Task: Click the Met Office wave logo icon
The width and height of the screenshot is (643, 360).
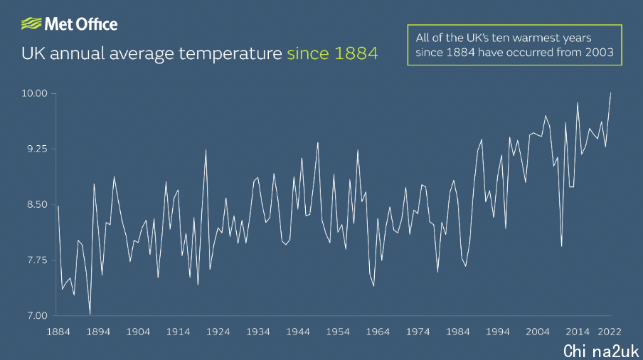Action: [x=31, y=23]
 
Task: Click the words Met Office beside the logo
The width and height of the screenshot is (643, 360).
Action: [x=81, y=24]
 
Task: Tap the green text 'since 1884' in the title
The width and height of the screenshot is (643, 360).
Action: [x=332, y=53]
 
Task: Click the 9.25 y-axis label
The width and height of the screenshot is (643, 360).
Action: [x=37, y=149]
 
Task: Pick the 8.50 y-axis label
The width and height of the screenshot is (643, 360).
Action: [x=37, y=205]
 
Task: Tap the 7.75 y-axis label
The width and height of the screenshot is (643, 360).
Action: [x=37, y=260]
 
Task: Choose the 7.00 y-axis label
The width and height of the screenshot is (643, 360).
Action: [x=37, y=316]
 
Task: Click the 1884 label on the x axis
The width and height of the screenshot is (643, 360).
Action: [x=58, y=332]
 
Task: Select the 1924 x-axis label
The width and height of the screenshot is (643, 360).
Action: [x=218, y=332]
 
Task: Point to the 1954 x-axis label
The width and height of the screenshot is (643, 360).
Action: [x=338, y=332]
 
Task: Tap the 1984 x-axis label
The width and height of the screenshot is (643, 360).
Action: [x=457, y=332]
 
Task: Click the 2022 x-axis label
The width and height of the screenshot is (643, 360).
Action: [x=610, y=332]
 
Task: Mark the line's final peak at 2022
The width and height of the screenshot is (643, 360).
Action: [x=610, y=93]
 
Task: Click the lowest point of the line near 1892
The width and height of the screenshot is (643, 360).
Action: [x=90, y=314]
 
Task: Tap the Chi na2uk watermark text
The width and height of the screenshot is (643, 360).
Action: [x=601, y=351]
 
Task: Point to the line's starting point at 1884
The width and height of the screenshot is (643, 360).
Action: [x=58, y=206]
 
